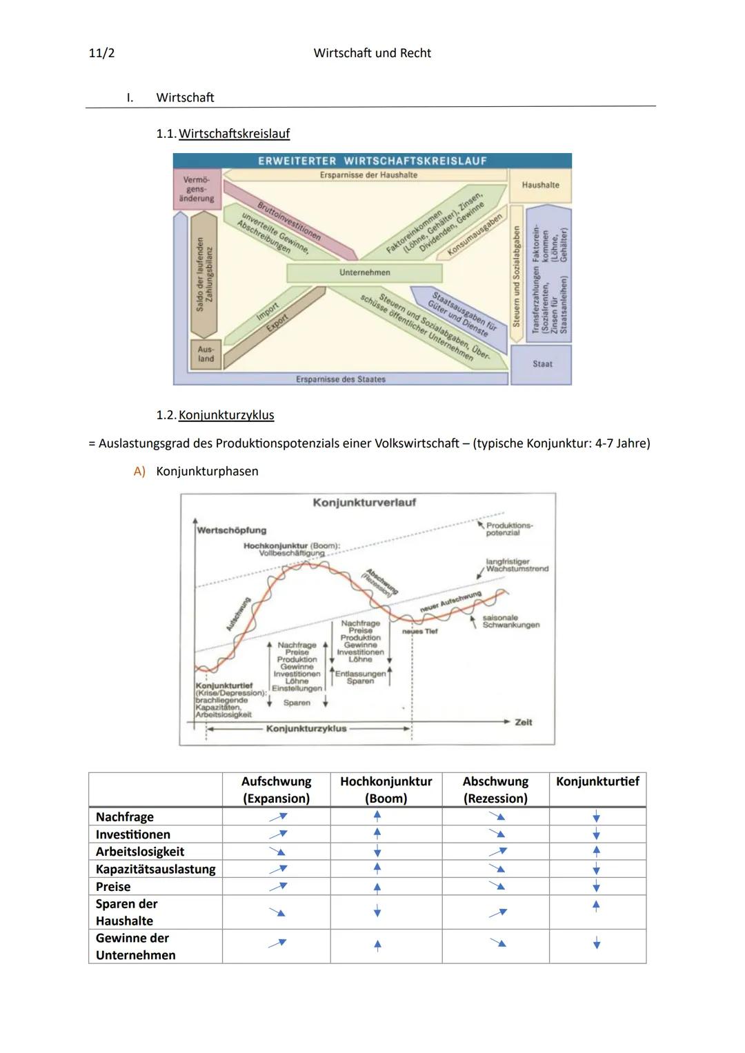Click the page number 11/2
[x=102, y=53]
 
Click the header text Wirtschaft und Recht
[x=372, y=53]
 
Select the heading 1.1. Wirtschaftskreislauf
[x=223, y=134]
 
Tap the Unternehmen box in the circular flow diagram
[x=364, y=273]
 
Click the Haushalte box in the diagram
[x=540, y=185]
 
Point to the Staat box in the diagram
[x=542, y=364]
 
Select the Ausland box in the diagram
[x=206, y=354]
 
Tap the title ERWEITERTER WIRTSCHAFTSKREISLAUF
[x=372, y=161]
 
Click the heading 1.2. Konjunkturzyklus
[x=215, y=415]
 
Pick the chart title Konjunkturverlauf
[x=364, y=503]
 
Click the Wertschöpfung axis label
[x=232, y=530]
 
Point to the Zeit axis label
[x=524, y=722]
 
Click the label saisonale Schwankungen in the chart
[x=510, y=621]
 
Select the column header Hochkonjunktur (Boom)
[x=386, y=790]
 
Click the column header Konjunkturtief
[x=597, y=781]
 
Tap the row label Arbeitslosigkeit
[x=140, y=852]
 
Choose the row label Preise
[x=113, y=887]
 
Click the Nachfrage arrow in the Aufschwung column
[x=277, y=816]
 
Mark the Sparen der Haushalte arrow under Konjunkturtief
[x=596, y=905]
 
